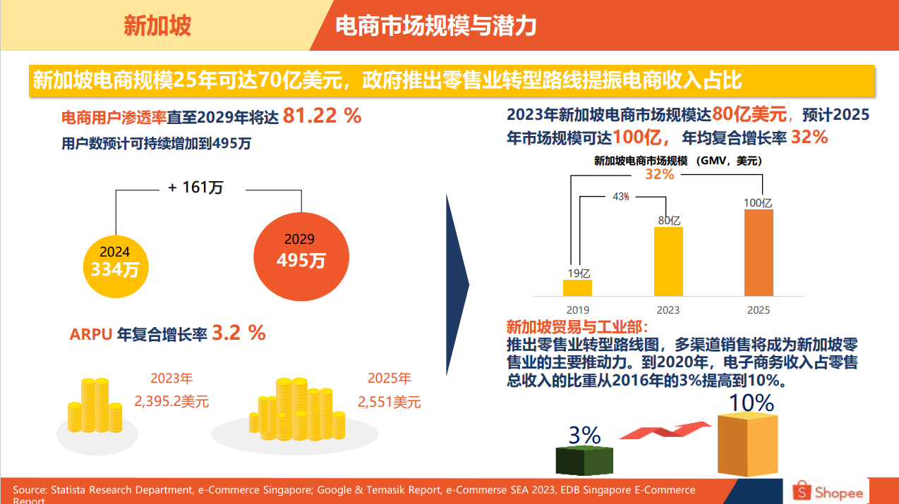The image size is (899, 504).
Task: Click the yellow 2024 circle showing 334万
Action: (x=116, y=266)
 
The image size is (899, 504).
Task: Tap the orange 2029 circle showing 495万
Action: (x=301, y=257)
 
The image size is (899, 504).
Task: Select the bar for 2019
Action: (x=577, y=288)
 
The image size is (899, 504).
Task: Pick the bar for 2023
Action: (x=668, y=262)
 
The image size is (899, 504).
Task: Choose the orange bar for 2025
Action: (x=759, y=252)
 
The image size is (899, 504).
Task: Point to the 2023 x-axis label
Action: (x=668, y=310)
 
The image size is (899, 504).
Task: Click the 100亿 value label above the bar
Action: (x=758, y=203)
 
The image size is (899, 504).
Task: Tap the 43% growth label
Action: (x=621, y=197)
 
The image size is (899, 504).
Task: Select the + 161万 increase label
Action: (x=195, y=188)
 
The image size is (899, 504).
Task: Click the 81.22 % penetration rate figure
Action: (x=322, y=116)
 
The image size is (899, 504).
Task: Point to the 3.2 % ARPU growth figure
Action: (x=239, y=333)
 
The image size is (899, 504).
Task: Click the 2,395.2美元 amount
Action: (x=171, y=401)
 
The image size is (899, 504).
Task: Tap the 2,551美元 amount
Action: (x=389, y=402)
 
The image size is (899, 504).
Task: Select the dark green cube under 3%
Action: (x=584, y=460)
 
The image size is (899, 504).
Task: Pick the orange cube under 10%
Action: (x=748, y=445)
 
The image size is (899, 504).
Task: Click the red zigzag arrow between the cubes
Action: (x=665, y=430)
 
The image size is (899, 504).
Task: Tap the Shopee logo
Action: (x=828, y=491)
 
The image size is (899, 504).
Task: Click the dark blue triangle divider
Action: (x=457, y=285)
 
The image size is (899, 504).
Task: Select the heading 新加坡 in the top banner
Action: (x=157, y=25)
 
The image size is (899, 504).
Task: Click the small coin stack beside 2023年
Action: (x=95, y=405)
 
